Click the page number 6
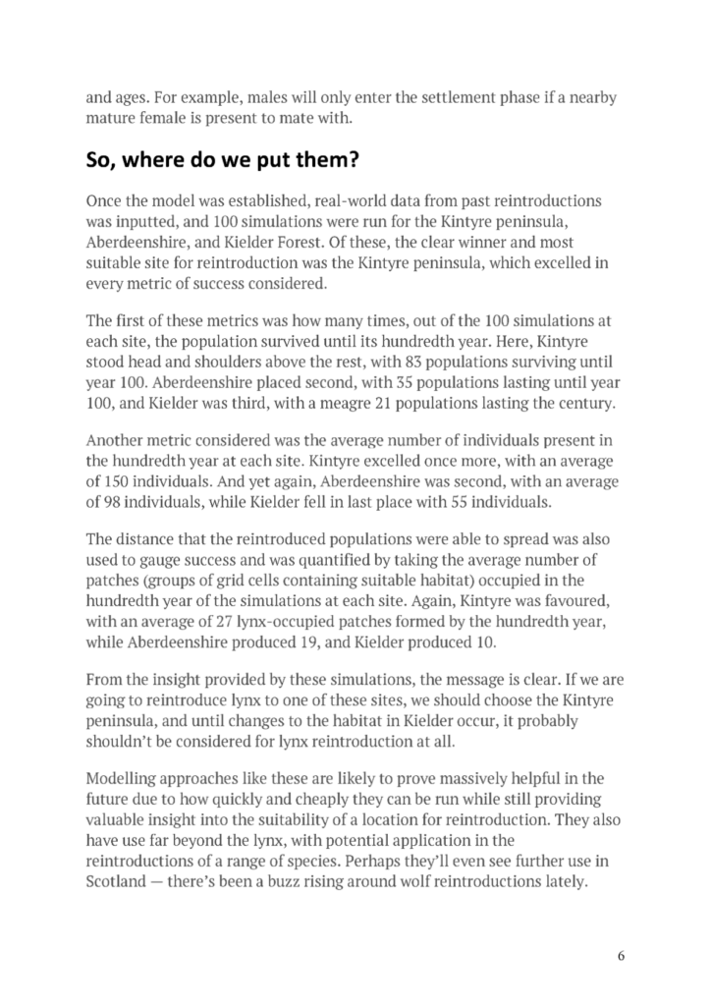(x=621, y=955)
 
